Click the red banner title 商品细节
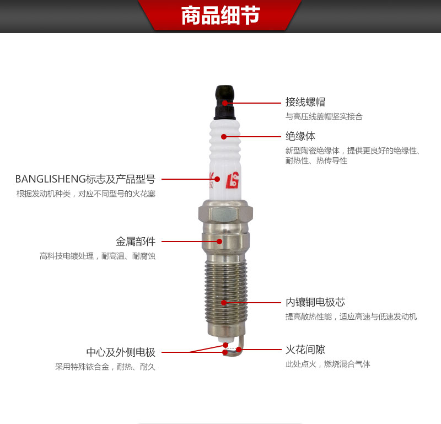(x=220, y=16)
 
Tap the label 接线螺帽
(x=305, y=102)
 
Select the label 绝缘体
(x=300, y=136)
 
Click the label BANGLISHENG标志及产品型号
(x=85, y=179)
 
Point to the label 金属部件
(x=136, y=241)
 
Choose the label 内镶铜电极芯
(x=315, y=302)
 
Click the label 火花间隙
(x=305, y=350)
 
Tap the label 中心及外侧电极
(x=121, y=352)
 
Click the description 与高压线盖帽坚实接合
(x=324, y=116)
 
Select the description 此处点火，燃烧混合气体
(x=328, y=364)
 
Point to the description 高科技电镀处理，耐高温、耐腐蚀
(x=98, y=256)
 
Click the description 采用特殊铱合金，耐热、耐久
(x=105, y=367)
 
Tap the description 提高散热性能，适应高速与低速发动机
(x=351, y=316)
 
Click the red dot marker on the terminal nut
(x=224, y=103)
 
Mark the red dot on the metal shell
(x=219, y=241)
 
